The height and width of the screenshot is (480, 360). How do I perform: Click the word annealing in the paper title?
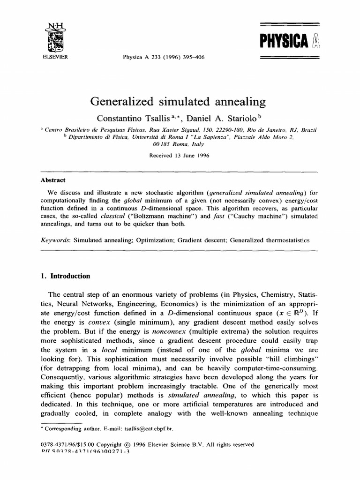coord(239,102)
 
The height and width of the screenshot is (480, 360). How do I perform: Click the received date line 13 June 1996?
coord(180,156)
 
